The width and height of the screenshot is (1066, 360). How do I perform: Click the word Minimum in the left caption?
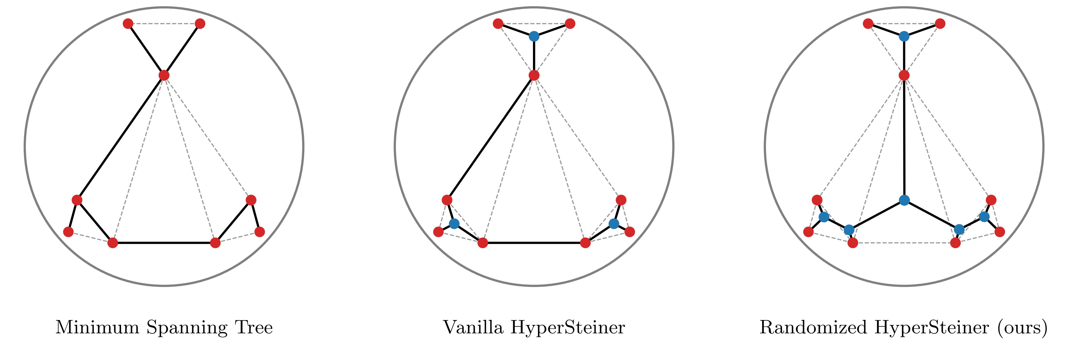(98, 328)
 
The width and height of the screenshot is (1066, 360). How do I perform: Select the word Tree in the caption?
(254, 328)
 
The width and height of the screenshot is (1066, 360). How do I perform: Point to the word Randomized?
(813, 328)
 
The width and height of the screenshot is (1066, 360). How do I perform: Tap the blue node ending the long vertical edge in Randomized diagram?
(904, 200)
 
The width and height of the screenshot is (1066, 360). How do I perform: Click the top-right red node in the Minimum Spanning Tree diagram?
(200, 24)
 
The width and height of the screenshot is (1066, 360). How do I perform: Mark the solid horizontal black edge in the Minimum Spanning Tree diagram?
(164, 243)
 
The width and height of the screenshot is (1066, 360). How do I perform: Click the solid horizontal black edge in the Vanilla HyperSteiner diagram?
(534, 243)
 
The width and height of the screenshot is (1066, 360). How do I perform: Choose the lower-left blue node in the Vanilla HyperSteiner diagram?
(454, 224)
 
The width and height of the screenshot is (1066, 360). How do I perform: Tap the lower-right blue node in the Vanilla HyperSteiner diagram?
(614, 224)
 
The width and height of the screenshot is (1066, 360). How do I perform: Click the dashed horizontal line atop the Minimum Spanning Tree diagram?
(164, 24)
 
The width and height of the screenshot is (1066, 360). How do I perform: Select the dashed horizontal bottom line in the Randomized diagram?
(904, 243)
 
